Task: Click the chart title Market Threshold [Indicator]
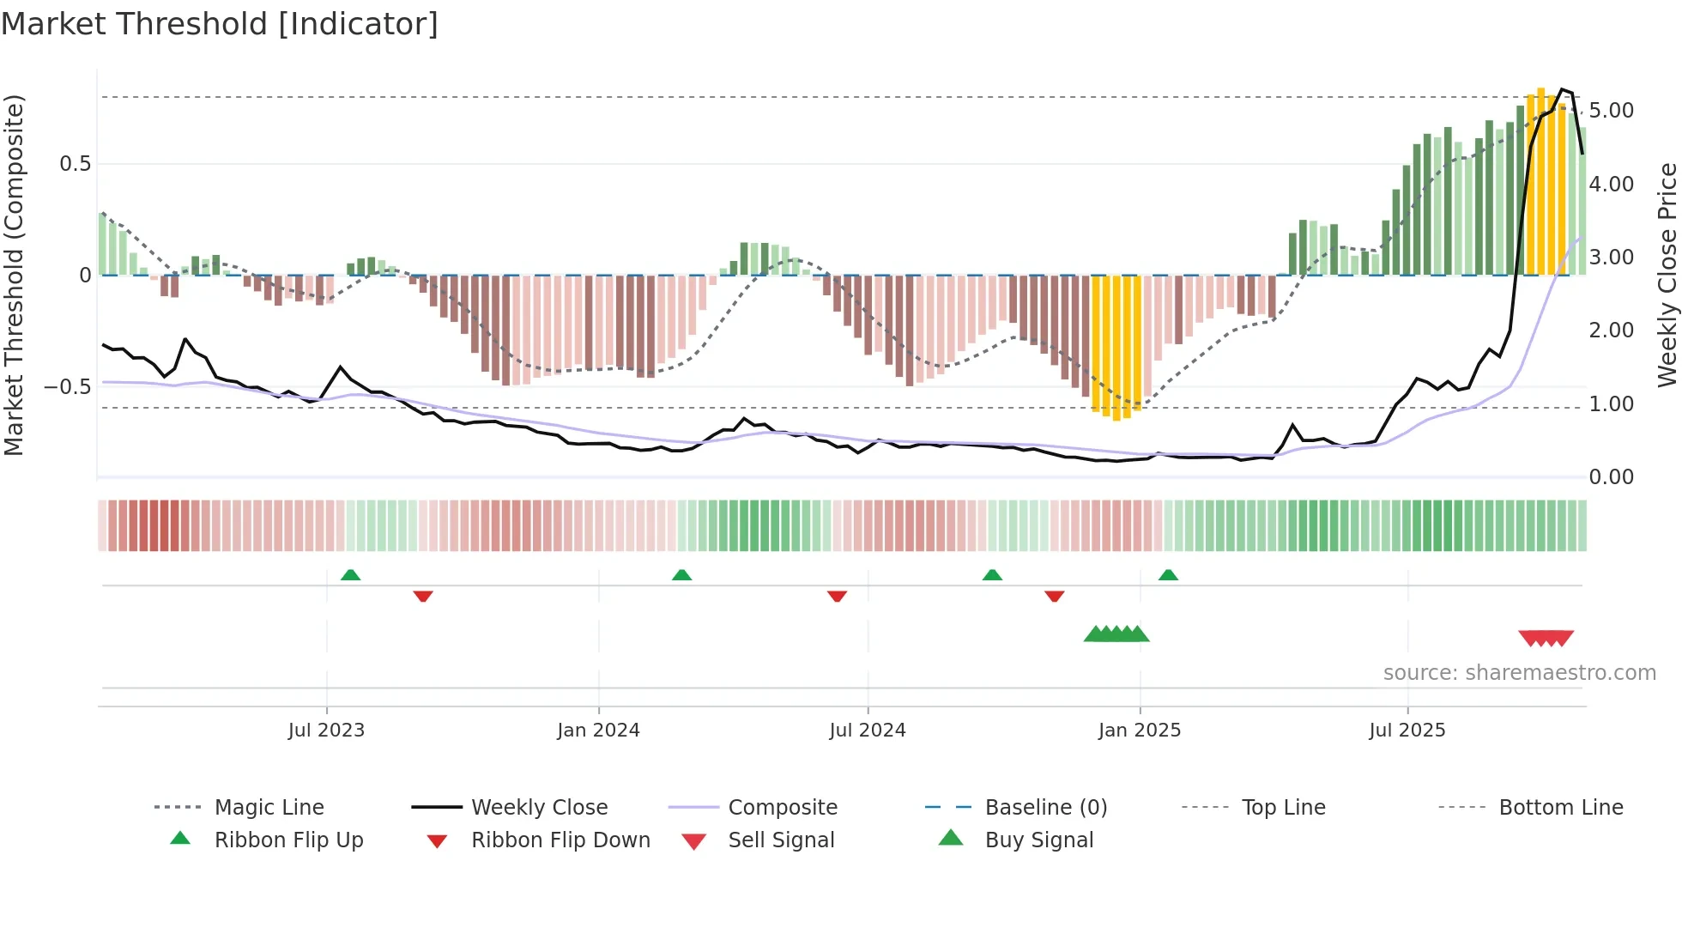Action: [220, 24]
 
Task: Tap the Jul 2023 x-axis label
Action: [326, 731]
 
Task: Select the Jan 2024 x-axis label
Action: [598, 731]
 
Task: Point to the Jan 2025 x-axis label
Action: [1140, 731]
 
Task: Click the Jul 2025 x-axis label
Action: [1407, 731]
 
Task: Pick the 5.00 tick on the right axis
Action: [1612, 111]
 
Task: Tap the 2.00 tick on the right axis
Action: [1612, 330]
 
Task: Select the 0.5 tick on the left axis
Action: [75, 164]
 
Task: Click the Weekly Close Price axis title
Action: [1667, 275]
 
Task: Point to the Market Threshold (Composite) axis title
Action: [14, 275]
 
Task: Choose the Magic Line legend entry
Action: [269, 808]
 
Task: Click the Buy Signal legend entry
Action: [1038, 840]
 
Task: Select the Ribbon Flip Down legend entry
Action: [560, 840]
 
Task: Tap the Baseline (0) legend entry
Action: [1045, 808]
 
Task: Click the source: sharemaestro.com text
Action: [1519, 673]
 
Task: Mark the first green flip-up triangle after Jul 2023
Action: [350, 575]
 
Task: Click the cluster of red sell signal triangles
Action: [1546, 638]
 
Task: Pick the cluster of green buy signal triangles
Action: [1116, 634]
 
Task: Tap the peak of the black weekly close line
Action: [1563, 89]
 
